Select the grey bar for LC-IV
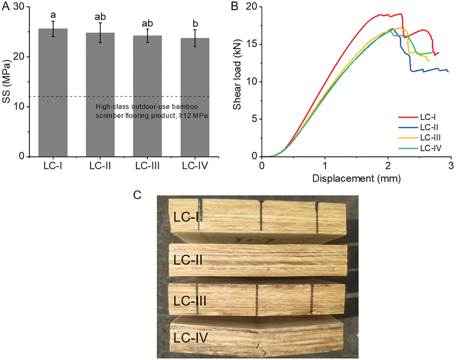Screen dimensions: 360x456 coord(195,97)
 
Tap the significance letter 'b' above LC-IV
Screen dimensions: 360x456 coord(195,24)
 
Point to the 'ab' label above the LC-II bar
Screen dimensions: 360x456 coord(100,17)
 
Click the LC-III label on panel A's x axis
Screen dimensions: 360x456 coord(147,166)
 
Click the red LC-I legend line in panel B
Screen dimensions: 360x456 coord(408,117)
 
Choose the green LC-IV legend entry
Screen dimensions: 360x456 coord(420,148)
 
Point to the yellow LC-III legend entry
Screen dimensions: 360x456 coord(420,138)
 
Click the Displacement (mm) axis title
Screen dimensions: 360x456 coord(357,178)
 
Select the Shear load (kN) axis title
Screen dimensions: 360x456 coord(237,75)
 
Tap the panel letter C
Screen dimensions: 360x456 coord(137,195)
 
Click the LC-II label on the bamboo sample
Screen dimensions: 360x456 coord(188,260)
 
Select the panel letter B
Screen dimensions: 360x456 coord(234,6)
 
